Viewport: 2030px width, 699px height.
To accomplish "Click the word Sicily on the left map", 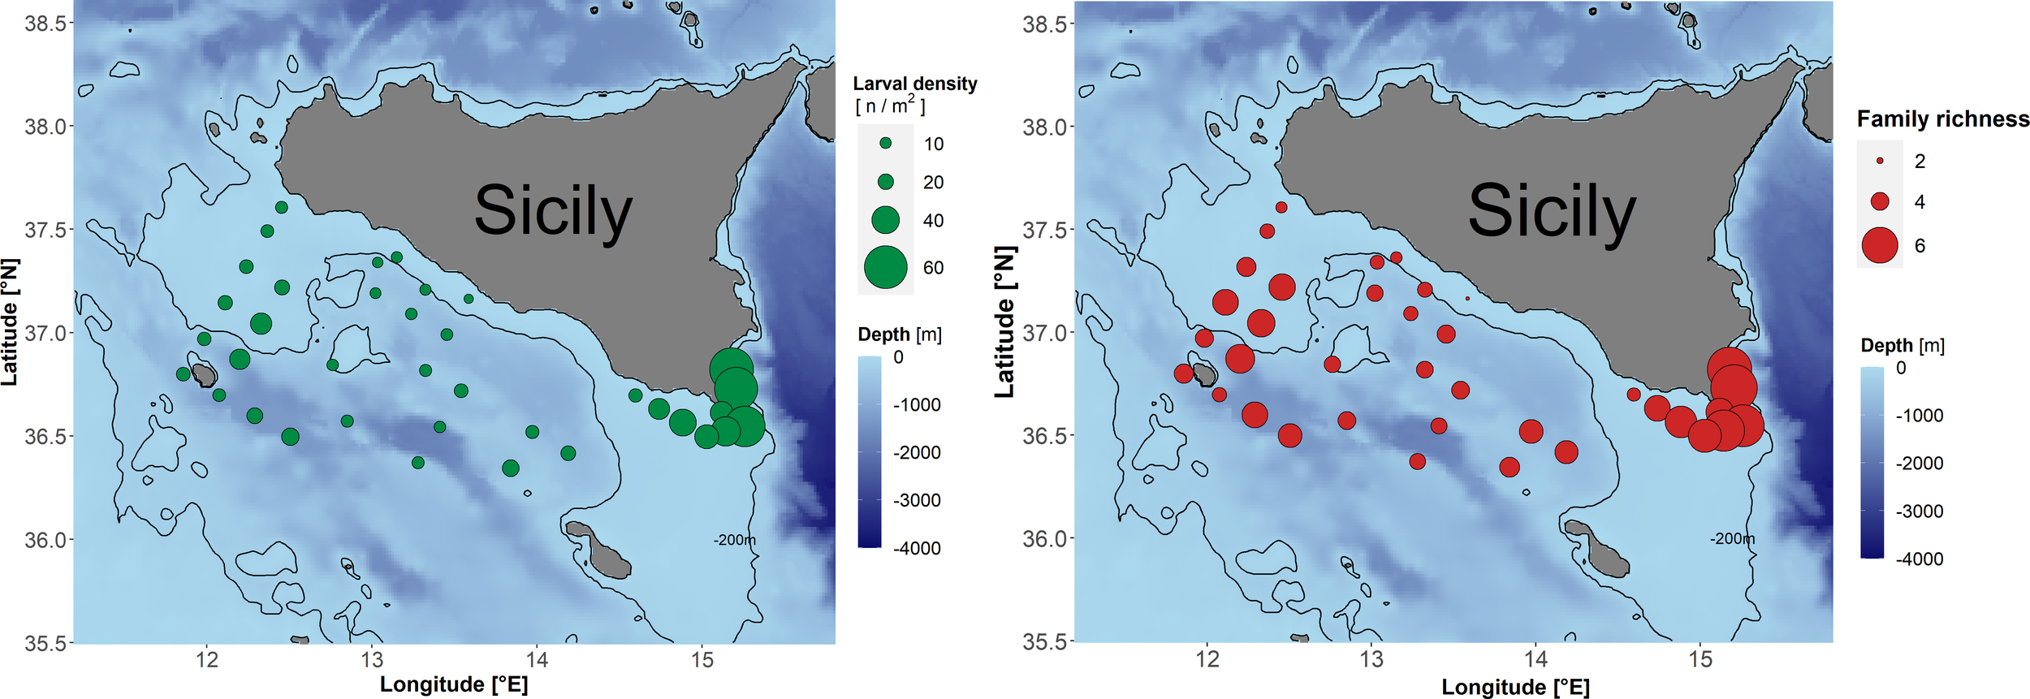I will pos(553,211).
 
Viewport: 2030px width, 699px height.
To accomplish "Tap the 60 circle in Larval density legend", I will pos(885,267).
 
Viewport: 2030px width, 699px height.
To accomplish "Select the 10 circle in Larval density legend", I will pos(885,143).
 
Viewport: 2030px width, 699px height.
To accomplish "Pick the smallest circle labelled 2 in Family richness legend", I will pos(1879,161).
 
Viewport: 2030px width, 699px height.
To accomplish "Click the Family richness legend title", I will pos(1942,119).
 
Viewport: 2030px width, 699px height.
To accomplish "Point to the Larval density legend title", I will pos(914,84).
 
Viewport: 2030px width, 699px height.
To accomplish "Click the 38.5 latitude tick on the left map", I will pos(45,24).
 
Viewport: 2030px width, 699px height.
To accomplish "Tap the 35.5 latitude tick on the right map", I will pos(1043,642).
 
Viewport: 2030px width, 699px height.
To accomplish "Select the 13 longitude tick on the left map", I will pos(372,660).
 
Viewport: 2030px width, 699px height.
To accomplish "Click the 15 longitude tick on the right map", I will pos(1700,660).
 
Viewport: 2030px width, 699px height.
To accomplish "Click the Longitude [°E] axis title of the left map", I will pos(454,684).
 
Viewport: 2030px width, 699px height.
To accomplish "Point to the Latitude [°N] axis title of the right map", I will pos(1005,323).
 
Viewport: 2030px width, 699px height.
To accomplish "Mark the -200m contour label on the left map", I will pos(733,540).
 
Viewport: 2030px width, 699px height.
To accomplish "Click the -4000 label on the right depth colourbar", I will pos(1920,559).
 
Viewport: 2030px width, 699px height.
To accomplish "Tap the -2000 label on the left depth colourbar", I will pos(917,453).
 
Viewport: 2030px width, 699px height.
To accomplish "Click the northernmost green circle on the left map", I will pos(282,207).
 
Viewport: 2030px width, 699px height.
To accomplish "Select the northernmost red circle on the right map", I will pos(1281,207).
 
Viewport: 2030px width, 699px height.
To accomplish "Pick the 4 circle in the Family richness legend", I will pos(1879,201).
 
